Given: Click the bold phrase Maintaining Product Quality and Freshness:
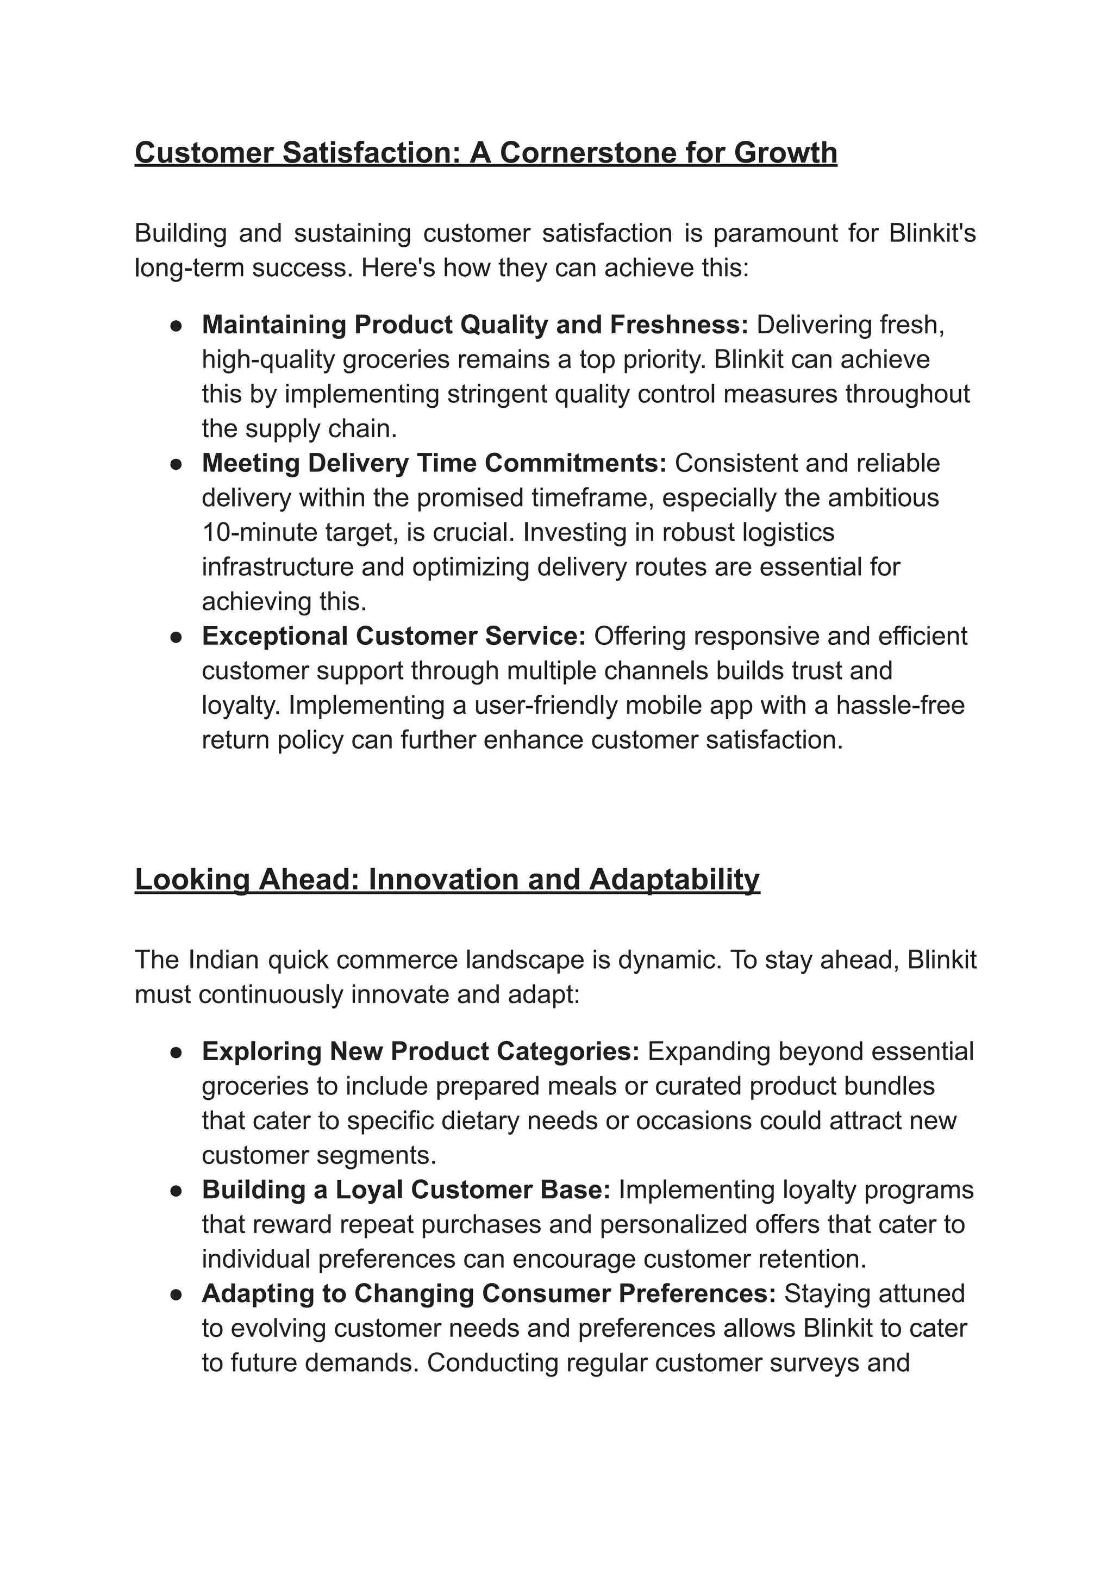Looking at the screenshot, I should click(474, 325).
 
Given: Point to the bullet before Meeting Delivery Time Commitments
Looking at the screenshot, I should click(176, 464).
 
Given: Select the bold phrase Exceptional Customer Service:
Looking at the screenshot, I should click(393, 636).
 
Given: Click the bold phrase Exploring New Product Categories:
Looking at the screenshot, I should click(421, 1051).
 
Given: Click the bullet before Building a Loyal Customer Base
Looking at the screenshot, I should click(176, 1191).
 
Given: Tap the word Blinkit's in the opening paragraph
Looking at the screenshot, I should click(932, 233).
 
